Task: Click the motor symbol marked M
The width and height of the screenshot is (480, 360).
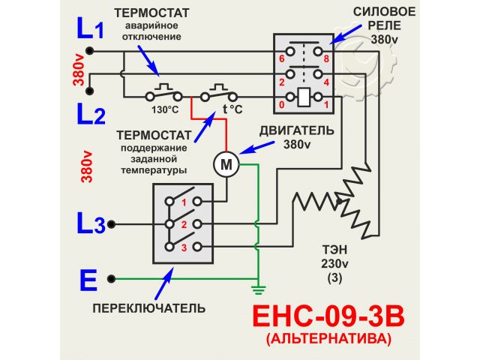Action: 225,163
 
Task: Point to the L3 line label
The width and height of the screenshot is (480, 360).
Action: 90,223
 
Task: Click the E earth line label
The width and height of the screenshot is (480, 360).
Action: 88,280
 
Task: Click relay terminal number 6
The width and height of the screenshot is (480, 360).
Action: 282,57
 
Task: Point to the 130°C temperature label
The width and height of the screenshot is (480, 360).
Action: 164,109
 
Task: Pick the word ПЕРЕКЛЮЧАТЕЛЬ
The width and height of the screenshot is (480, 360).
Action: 149,307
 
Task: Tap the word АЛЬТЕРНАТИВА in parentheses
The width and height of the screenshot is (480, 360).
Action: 328,339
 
